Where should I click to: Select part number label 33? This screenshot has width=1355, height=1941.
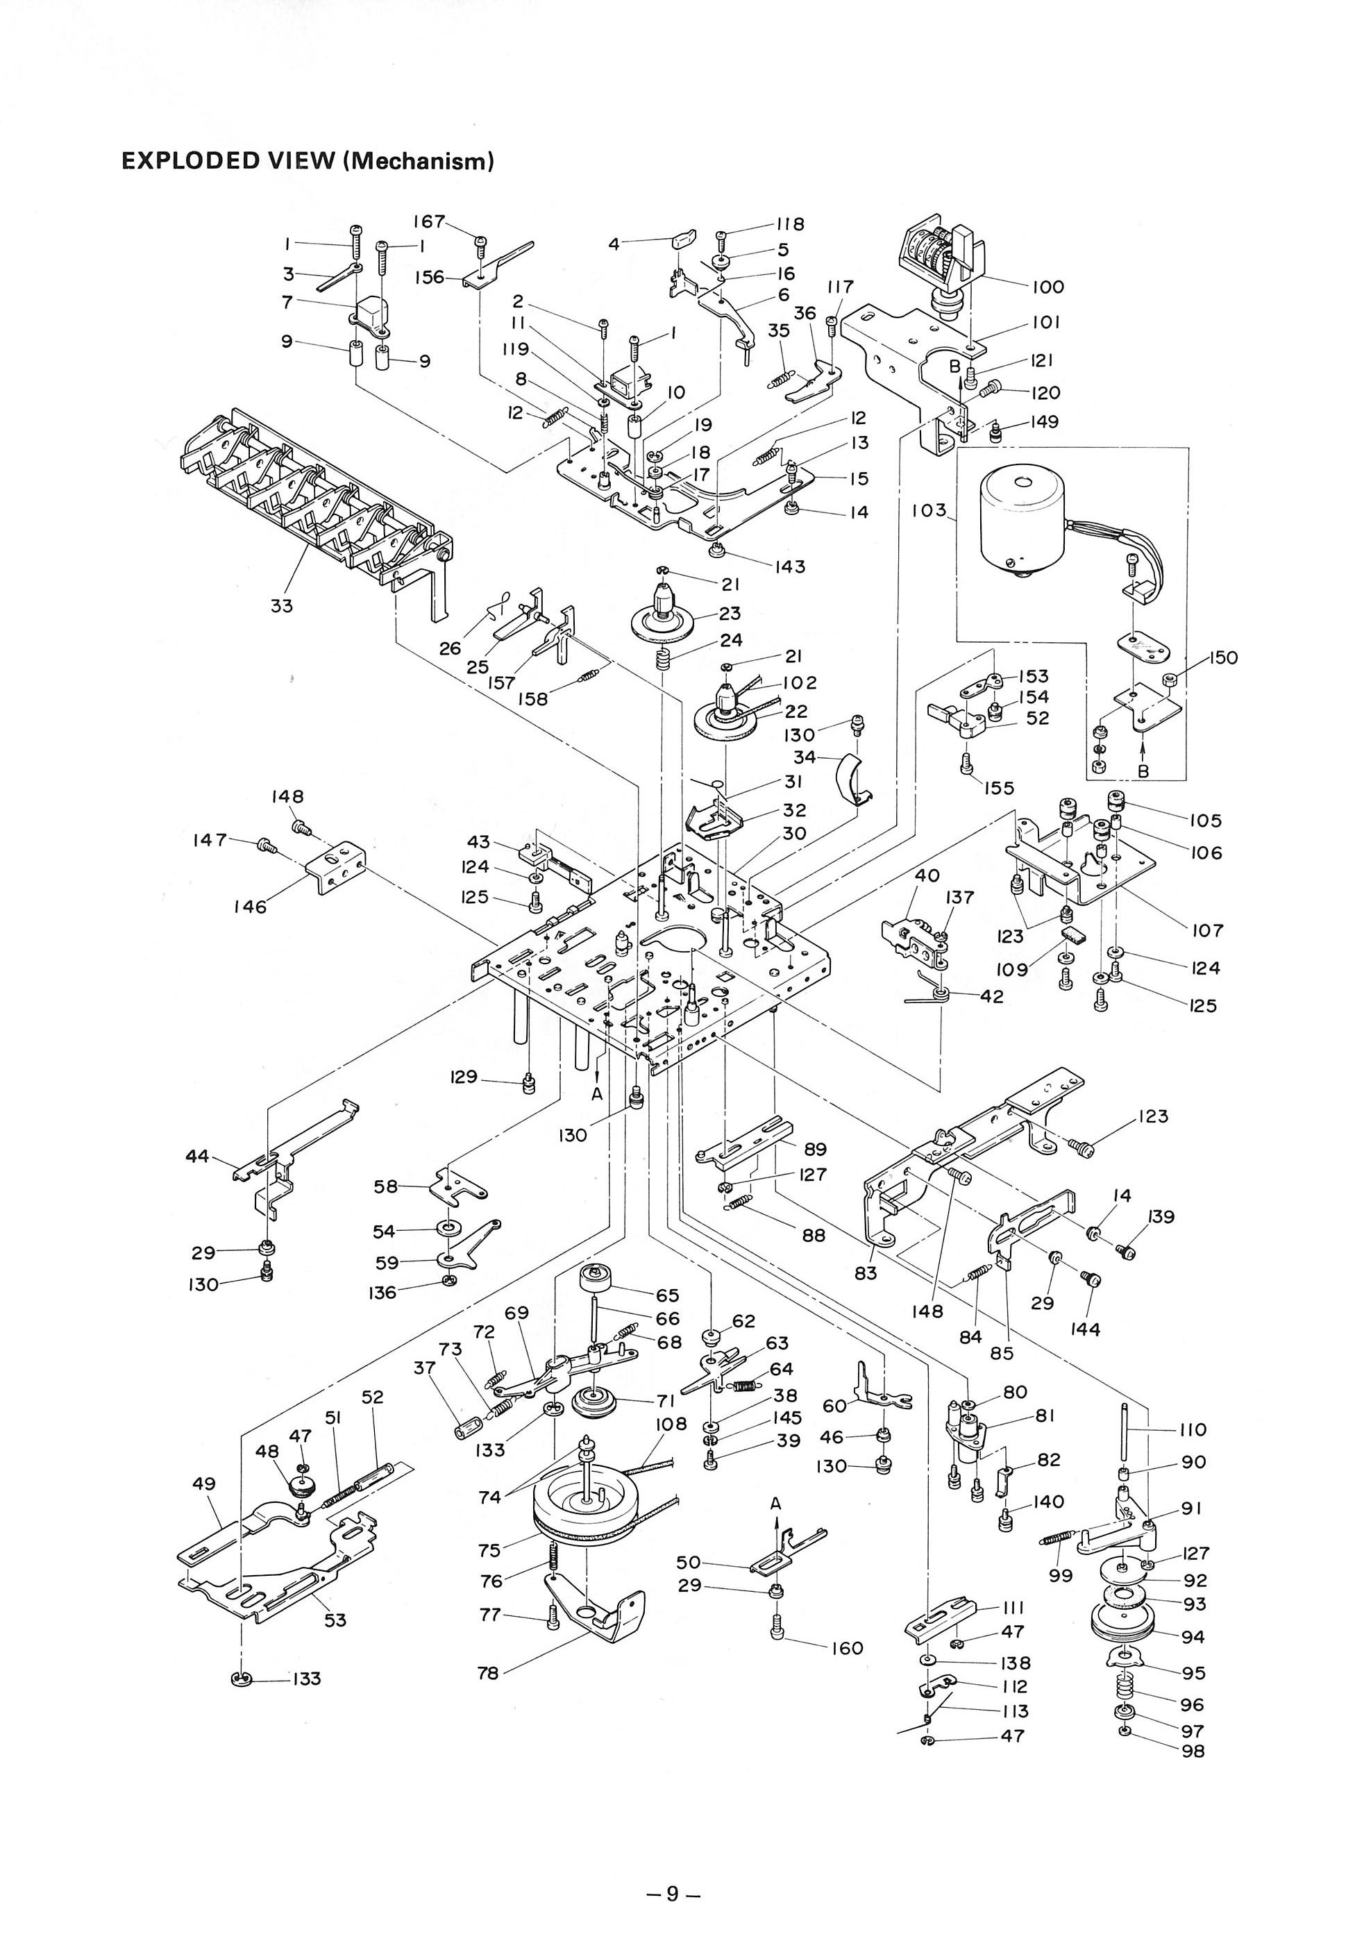(281, 606)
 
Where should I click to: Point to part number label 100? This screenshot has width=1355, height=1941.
(1047, 287)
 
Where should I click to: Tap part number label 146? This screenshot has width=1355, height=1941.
(250, 907)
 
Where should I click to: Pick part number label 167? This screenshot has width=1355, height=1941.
(428, 221)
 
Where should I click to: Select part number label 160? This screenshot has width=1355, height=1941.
(847, 1649)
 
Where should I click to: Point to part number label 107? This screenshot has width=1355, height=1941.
(1207, 931)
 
